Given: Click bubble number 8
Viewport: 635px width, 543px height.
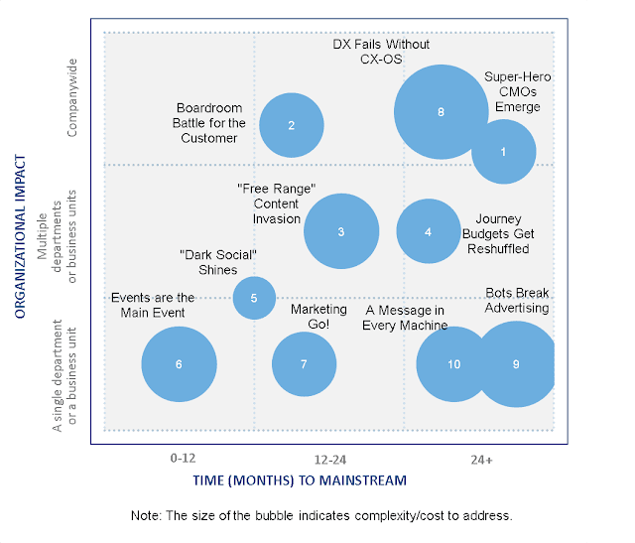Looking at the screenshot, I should pyautogui.click(x=441, y=112).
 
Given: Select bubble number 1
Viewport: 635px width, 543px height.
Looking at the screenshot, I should pyautogui.click(x=503, y=152).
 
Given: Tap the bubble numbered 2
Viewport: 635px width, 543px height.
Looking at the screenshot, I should pyautogui.click(x=292, y=125).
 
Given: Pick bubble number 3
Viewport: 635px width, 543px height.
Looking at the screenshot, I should pyautogui.click(x=340, y=231).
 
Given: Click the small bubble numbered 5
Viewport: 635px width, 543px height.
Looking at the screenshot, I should pyautogui.click(x=254, y=297).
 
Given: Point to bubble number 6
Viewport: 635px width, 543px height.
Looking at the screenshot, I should pyautogui.click(x=179, y=364).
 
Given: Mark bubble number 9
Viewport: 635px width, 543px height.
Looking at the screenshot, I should pyautogui.click(x=516, y=364).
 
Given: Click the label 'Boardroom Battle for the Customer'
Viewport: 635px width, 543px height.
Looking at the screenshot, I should pyautogui.click(x=209, y=123).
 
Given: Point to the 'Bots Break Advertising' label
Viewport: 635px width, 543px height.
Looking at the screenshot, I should pyautogui.click(x=517, y=300).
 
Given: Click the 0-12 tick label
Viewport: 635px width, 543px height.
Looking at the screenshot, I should pyautogui.click(x=183, y=459).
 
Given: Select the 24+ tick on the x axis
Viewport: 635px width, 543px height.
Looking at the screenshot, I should pyautogui.click(x=482, y=460).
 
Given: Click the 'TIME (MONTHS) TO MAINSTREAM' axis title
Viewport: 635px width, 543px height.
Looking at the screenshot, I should pyautogui.click(x=299, y=480).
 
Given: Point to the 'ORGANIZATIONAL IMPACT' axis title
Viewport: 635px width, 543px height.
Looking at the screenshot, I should pyautogui.click(x=19, y=234).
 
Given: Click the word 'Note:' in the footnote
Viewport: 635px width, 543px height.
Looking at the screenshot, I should pyautogui.click(x=147, y=516).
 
